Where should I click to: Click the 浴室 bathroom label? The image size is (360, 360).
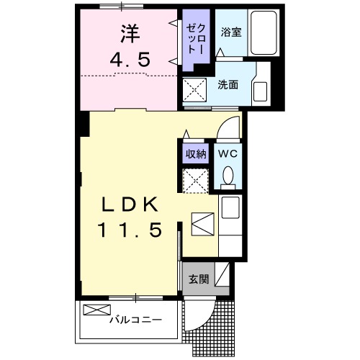pyautogui.click(x=230, y=32)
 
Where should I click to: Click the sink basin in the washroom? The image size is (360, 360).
pyautogui.click(x=260, y=91)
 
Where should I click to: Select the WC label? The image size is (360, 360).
pyautogui.click(x=228, y=153)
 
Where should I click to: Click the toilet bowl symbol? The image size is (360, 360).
pyautogui.click(x=228, y=176)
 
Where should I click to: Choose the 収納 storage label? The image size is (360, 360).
pyautogui.click(x=196, y=153)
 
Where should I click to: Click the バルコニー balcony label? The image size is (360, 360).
pyautogui.click(x=135, y=319)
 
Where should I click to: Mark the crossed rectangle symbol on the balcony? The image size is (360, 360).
pyautogui.click(x=94, y=310)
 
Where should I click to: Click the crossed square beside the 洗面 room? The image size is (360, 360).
pyautogui.click(x=194, y=91)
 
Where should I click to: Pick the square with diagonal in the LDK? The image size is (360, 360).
pyautogui.click(x=202, y=225)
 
